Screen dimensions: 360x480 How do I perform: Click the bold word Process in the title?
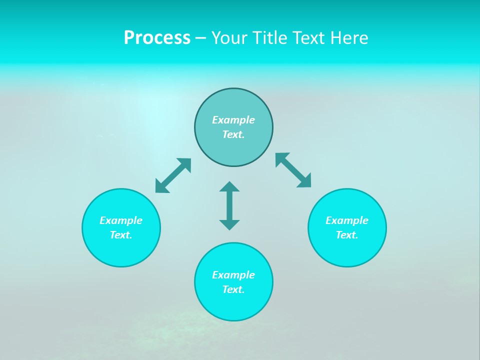coord(157,38)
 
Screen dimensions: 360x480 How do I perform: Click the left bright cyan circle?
coord(121,250)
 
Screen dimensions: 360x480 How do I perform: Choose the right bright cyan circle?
coord(347,250)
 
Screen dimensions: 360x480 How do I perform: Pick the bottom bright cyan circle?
coord(233,305)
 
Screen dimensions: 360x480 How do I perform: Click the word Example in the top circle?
coord(233,120)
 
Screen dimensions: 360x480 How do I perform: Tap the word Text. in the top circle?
coord(233,134)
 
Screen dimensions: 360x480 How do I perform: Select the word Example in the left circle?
coord(121,220)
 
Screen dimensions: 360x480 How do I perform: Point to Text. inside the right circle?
coord(347,235)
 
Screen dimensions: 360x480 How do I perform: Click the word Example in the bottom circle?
coord(233,275)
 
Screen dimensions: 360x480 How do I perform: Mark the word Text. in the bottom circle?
coord(233,289)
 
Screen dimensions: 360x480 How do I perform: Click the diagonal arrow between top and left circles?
coord(173,175)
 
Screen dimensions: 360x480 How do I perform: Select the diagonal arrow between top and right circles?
coord(293,170)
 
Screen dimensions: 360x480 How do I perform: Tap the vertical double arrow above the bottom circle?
coord(229,206)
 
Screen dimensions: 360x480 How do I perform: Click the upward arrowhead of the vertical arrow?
coord(229,187)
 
